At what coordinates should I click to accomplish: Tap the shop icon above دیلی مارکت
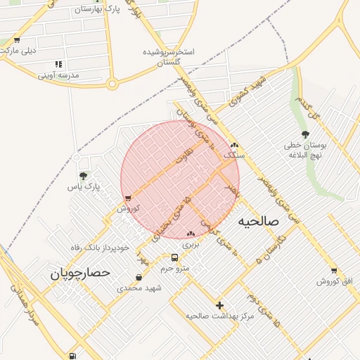16,39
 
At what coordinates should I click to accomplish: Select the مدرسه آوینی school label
58,75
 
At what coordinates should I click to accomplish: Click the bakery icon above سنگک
234,145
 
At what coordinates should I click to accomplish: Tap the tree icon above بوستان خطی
305,134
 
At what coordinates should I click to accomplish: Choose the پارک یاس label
84,187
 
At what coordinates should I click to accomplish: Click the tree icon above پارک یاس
84,176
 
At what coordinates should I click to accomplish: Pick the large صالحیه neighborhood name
258,221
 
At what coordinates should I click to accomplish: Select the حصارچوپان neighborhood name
81,274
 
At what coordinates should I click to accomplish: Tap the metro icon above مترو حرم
175,257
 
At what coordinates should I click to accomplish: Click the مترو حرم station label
175,269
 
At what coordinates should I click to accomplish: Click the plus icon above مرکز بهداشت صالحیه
220,305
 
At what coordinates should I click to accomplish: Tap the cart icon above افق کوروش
334,270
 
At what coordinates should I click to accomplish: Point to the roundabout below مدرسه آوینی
112,85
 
